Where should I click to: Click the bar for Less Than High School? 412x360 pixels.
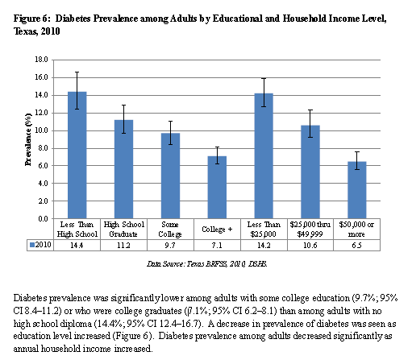tap(77, 155)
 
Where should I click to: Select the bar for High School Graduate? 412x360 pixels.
tap(123, 169)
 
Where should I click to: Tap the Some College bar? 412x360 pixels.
tap(170, 176)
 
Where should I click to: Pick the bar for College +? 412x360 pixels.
tap(217, 187)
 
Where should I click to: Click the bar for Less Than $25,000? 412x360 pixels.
tap(264, 155)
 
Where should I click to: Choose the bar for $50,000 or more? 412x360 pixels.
tap(357, 190)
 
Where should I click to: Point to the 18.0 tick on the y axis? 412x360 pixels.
tap(41, 60)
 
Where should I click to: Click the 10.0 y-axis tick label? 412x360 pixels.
tap(41, 130)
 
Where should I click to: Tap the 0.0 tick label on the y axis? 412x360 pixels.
tap(43, 219)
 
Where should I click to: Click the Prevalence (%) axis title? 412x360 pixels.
tap(28, 139)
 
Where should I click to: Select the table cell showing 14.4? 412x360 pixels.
tap(77, 245)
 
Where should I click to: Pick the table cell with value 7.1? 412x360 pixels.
tap(217, 245)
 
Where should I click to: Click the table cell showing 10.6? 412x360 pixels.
tap(310, 245)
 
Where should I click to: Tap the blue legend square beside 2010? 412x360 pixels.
tap(32, 245)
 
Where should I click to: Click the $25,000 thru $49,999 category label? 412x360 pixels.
tap(310, 229)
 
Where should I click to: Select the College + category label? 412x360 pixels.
tap(217, 230)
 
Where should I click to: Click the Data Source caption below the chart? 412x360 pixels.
tap(207, 264)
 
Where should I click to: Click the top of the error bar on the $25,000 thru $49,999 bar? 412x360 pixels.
tap(310, 110)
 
